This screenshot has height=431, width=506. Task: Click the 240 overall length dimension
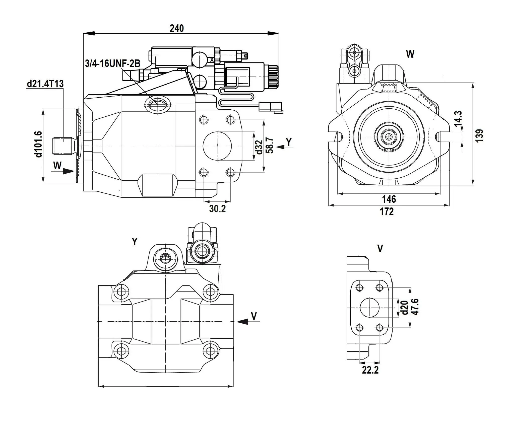pos(177,28)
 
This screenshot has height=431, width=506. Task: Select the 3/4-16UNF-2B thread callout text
pos(112,64)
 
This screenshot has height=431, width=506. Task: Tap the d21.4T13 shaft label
pos(45,84)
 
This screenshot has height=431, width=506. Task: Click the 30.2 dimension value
pos(217,209)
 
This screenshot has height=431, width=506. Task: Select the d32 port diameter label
pos(259,147)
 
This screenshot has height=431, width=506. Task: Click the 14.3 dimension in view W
pos(458,118)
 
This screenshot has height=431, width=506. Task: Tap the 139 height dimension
pos(479,136)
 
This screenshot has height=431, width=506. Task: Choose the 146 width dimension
pos(389,199)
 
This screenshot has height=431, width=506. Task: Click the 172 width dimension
pos(387,211)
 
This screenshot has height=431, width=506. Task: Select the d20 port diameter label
pos(404,308)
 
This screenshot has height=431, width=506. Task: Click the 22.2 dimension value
pos(370,370)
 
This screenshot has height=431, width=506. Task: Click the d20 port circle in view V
pos(369,308)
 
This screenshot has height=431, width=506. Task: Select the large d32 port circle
pos(217,146)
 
